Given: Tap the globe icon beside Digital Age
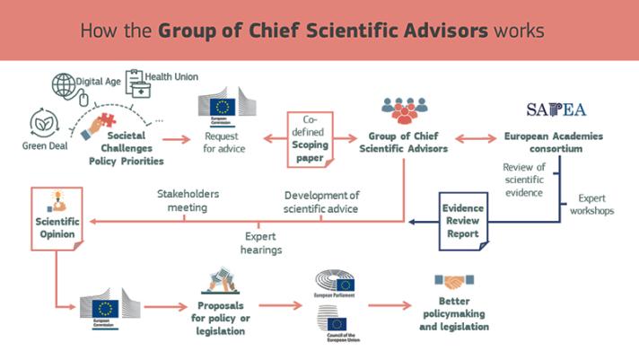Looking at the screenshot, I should (x=64, y=85).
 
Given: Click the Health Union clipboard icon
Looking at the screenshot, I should (x=137, y=83).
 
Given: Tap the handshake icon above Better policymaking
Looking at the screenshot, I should (x=453, y=282).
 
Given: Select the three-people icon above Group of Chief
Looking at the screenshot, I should (x=405, y=111).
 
